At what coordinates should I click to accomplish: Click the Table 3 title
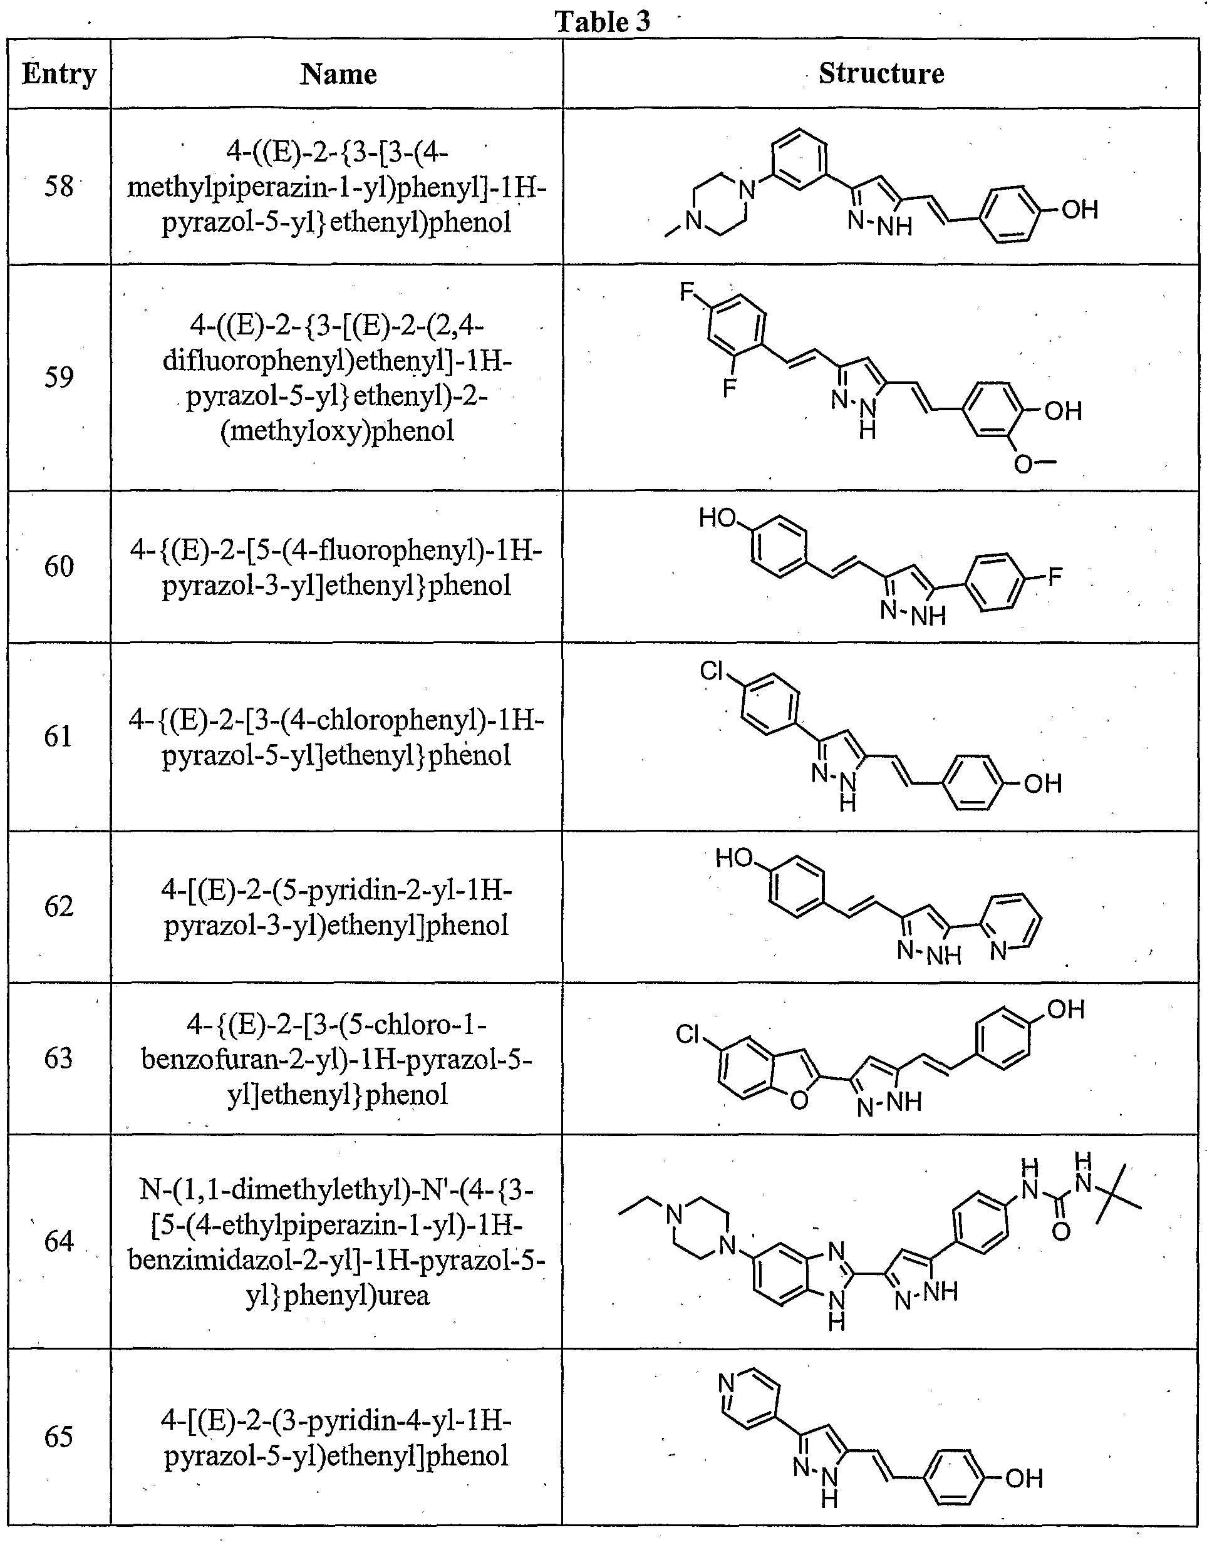coord(602,21)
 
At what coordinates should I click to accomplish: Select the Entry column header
coord(59,73)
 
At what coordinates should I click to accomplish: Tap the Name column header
coord(338,73)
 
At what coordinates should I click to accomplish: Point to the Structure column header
coord(881,73)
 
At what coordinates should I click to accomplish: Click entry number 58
coord(59,186)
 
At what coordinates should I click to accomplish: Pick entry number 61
coord(58,736)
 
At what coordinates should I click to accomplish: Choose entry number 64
coord(59,1241)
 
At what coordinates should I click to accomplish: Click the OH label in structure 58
coord(1080,209)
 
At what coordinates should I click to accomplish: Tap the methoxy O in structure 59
coord(1023,464)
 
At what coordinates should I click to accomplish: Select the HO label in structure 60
coord(718,518)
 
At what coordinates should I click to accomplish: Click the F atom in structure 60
coord(1055,577)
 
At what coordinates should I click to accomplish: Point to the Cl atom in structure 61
coord(712,670)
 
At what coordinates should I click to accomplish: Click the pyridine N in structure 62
coord(998,951)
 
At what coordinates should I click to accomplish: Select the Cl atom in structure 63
coord(688,1034)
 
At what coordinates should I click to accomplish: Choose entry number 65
coord(59,1436)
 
